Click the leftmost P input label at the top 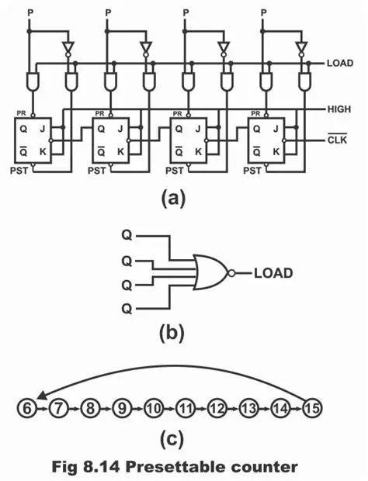coord(30,12)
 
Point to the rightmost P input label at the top coord(264,12)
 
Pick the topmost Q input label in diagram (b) coord(127,233)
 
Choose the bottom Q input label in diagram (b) coord(127,309)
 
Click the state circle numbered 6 coord(26,406)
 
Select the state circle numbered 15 coord(314,406)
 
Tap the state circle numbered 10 coord(152,406)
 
